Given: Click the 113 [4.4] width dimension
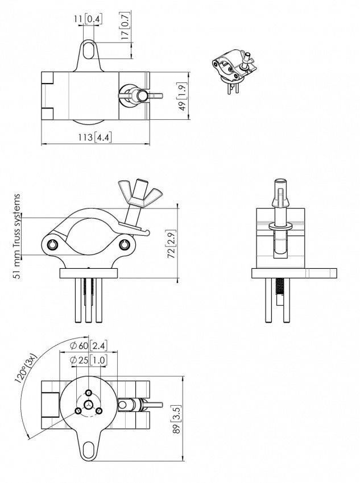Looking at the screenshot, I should point(96,137).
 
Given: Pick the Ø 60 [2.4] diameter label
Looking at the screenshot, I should point(88,346).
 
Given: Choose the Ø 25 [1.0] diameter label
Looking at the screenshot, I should point(88,360).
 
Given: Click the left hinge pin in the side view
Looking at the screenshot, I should point(52,245).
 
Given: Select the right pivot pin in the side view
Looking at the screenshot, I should point(125,245).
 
